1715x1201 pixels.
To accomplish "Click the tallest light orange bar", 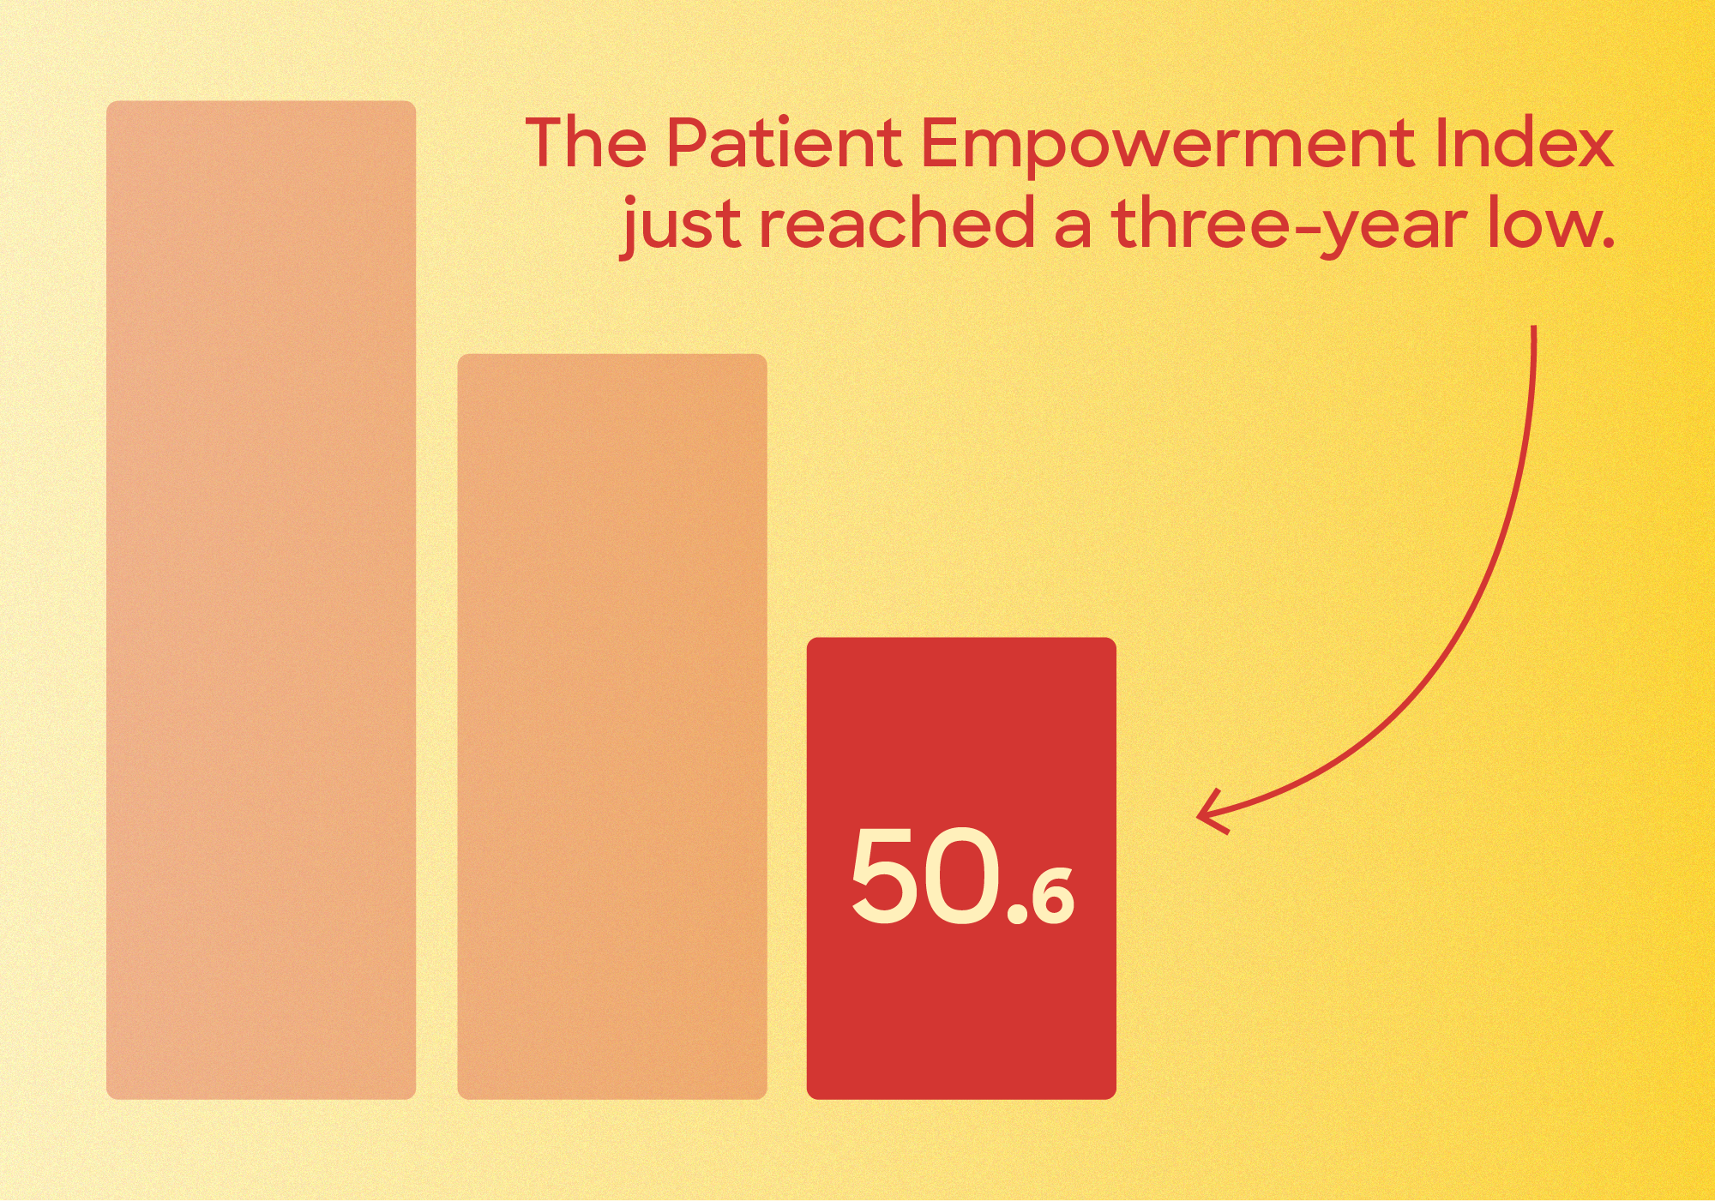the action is [261, 600].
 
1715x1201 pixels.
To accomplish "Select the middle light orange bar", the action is [612, 726].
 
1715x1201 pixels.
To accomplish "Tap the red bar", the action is [961, 868].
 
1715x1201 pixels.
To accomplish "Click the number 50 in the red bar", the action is [924, 876].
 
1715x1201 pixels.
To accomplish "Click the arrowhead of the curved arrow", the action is [1211, 814].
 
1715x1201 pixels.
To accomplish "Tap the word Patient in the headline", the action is [783, 142].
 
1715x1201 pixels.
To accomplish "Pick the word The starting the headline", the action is [586, 142].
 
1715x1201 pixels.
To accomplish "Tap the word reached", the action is [898, 223].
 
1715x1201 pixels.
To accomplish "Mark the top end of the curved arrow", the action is [1534, 327].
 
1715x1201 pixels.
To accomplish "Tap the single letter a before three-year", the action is [1074, 230].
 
